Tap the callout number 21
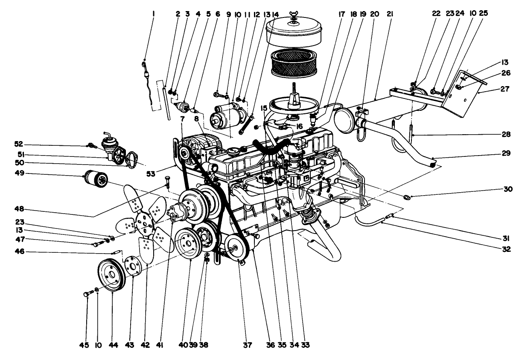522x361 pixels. (389, 13)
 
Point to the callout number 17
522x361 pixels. (341, 13)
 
